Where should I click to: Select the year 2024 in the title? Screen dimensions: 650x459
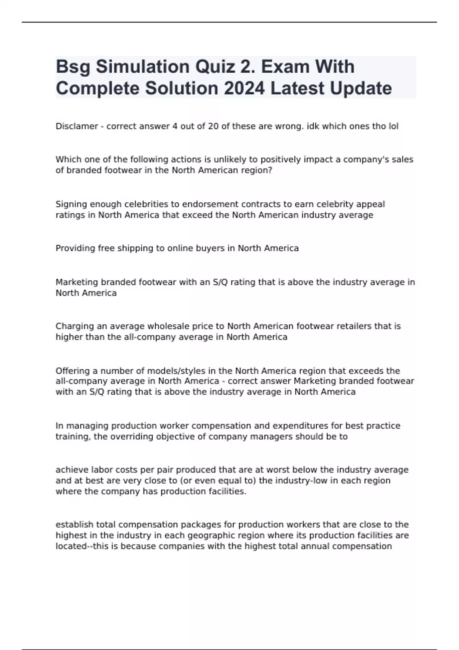pyautogui.click(x=244, y=88)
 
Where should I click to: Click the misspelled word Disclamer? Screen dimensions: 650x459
pyautogui.click(x=77, y=126)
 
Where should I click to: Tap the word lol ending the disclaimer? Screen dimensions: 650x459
pyautogui.click(x=393, y=126)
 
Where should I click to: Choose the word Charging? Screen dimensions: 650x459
pyautogui.click(x=74, y=326)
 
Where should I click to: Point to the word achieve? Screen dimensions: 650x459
pyautogui.click(x=71, y=470)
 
